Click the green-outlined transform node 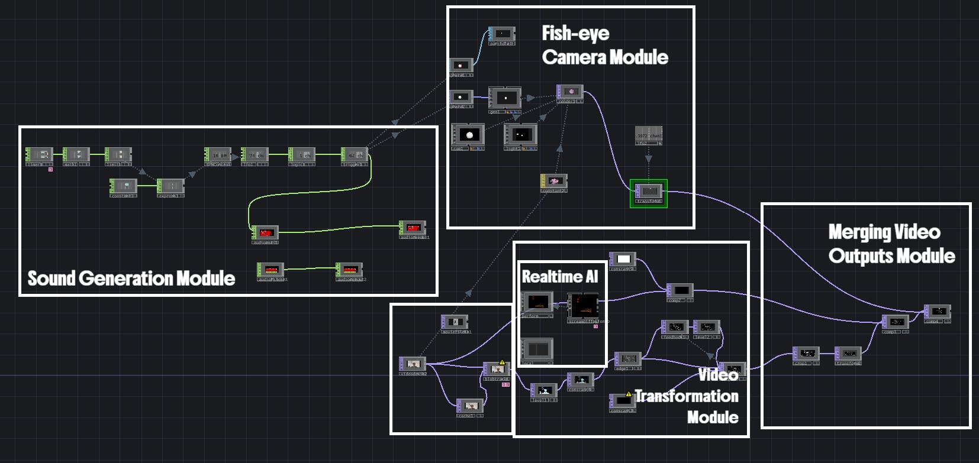[649, 192]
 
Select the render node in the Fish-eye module [570, 92]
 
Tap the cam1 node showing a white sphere [468, 135]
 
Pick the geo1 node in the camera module [505, 98]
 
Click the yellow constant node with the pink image [554, 181]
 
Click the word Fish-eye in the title [575, 33]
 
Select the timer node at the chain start [39, 155]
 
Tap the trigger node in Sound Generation [355, 155]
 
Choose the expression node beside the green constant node [170, 187]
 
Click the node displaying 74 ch [255, 155]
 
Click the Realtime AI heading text [560, 277]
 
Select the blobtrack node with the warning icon [496, 370]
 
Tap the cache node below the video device [470, 406]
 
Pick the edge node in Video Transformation [627, 359]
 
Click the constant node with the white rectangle [623, 260]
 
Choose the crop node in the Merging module [806, 354]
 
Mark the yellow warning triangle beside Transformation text [629, 394]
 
